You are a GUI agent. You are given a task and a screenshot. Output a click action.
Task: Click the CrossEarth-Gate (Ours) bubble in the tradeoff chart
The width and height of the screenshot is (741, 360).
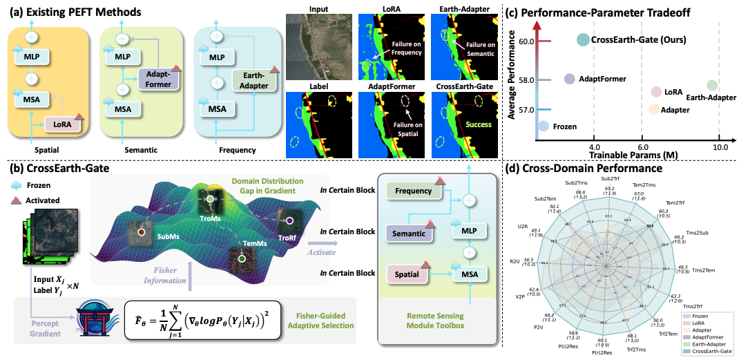click(582, 41)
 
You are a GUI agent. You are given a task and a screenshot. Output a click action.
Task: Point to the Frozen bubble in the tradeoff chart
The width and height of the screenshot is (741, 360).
click(544, 126)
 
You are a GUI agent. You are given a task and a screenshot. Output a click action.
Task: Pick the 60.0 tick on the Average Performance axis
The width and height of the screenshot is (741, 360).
click(526, 41)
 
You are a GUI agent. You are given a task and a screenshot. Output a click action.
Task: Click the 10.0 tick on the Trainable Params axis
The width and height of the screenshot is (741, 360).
click(720, 147)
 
